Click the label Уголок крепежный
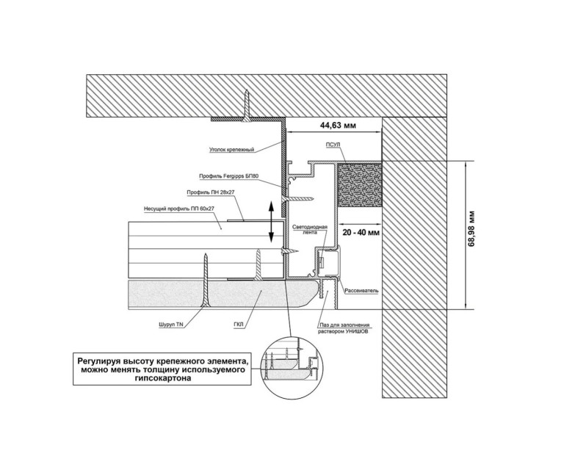[x=232, y=150]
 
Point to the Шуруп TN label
[x=171, y=323]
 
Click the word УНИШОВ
[x=354, y=331]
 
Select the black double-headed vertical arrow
[x=272, y=222]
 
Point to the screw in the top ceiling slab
[x=249, y=104]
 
